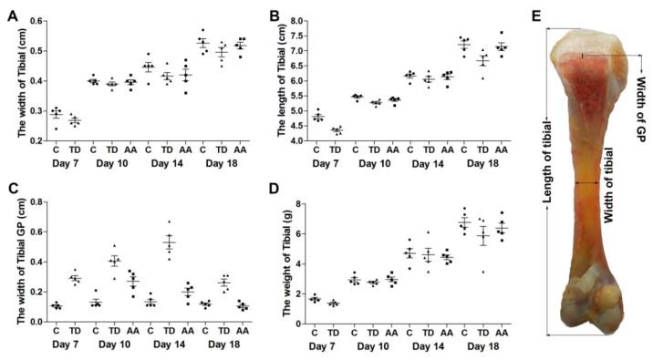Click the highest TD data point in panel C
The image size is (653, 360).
click(168, 221)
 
